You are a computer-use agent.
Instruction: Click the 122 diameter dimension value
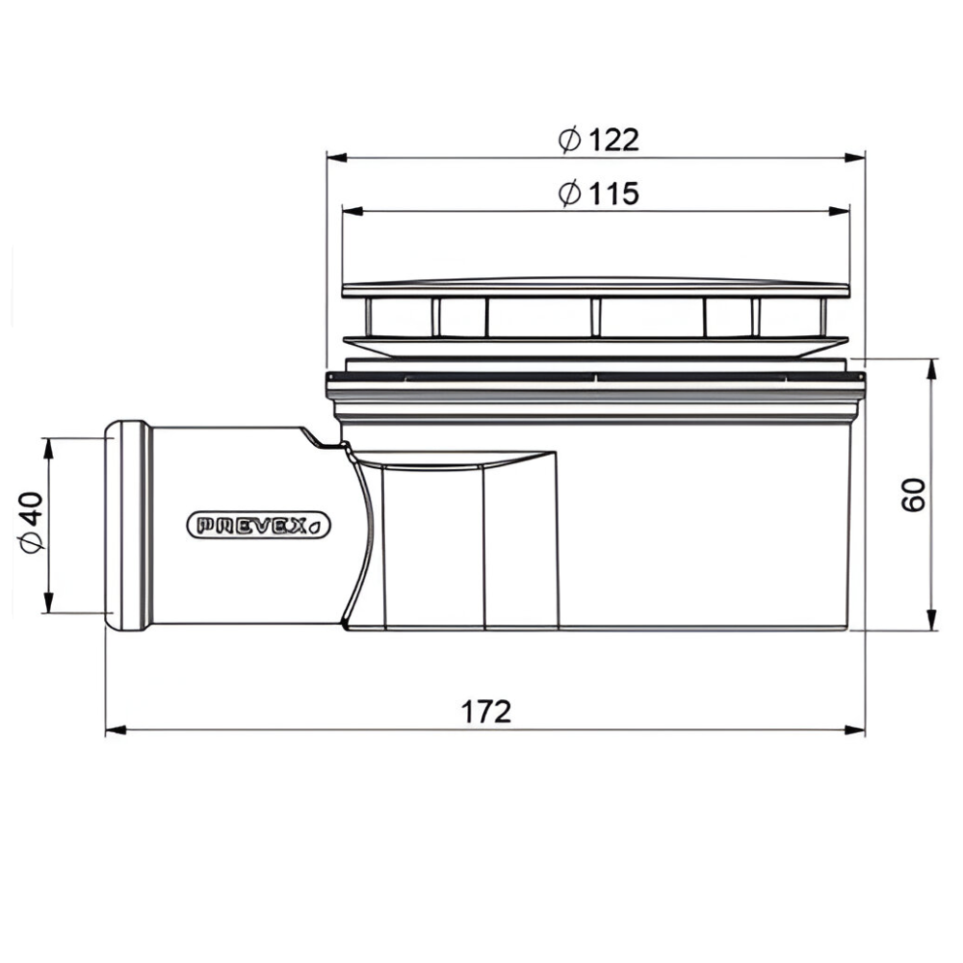613,140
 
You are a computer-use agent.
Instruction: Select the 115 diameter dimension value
613,194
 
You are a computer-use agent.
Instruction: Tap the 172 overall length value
485,712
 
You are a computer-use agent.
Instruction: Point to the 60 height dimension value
913,494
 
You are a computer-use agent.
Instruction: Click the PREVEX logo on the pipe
258,526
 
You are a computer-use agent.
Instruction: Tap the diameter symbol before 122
569,140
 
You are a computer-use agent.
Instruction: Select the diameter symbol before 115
569,194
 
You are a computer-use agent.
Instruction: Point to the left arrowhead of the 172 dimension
116,730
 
